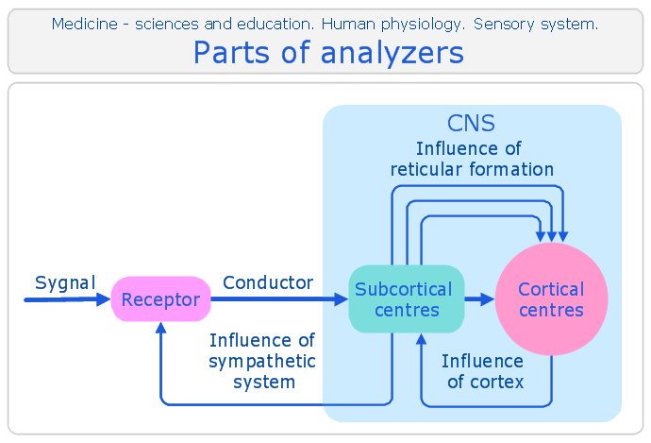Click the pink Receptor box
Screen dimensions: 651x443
point(161,298)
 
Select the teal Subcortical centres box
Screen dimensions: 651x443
point(407,298)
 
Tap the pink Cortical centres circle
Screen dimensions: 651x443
point(552,298)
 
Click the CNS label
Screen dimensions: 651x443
point(471,123)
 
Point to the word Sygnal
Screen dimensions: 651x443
point(65,283)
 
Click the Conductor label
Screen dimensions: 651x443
point(268,282)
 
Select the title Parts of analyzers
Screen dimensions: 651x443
point(329,53)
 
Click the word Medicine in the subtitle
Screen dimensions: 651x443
point(85,25)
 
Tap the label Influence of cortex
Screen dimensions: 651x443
point(483,371)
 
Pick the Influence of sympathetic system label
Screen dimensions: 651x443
point(262,361)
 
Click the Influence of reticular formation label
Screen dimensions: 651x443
point(472,160)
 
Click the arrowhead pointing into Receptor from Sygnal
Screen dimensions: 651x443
point(104,299)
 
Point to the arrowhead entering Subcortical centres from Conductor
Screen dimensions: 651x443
point(342,298)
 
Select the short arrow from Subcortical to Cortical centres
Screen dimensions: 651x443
point(480,298)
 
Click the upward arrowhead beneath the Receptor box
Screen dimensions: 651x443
point(161,328)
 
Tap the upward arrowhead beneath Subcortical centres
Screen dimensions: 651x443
point(422,339)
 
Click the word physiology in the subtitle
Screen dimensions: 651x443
point(421,25)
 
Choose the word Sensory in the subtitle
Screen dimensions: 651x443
point(504,25)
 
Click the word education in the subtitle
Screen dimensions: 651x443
point(275,25)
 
